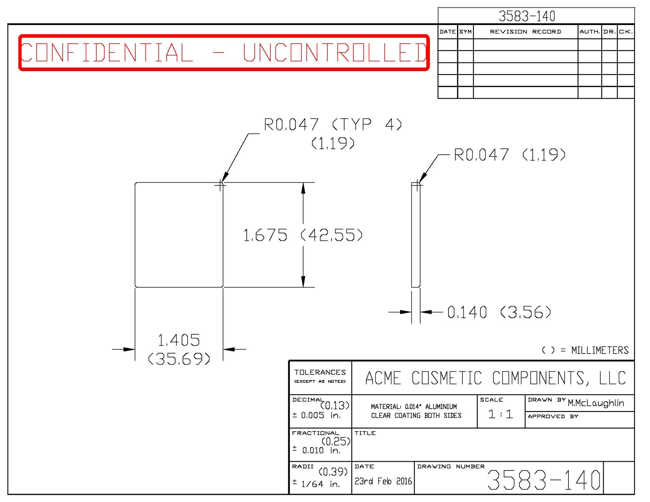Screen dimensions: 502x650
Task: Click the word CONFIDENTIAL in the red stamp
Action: (107, 52)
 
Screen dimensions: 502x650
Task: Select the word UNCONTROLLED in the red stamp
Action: (335, 52)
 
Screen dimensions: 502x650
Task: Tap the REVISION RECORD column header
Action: (525, 32)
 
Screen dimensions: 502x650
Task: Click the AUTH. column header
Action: (590, 32)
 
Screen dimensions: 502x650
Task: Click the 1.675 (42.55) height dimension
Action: (303, 235)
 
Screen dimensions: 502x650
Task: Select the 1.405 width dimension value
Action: (179, 340)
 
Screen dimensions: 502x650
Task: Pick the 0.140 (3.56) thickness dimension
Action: (499, 312)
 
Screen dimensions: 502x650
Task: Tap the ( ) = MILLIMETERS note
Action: (585, 350)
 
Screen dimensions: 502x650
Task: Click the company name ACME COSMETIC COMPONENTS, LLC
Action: (496, 378)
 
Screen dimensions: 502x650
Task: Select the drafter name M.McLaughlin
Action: (596, 403)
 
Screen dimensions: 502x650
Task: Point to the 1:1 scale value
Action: (500, 414)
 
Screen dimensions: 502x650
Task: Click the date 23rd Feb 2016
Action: (383, 481)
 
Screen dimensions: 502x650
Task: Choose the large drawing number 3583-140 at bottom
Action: (544, 480)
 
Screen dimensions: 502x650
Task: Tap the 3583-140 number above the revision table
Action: (527, 16)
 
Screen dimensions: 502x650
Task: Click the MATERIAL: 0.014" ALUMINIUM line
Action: (414, 406)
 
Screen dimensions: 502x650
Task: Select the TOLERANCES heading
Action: (320, 372)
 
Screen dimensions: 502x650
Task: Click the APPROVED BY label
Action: (553, 416)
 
